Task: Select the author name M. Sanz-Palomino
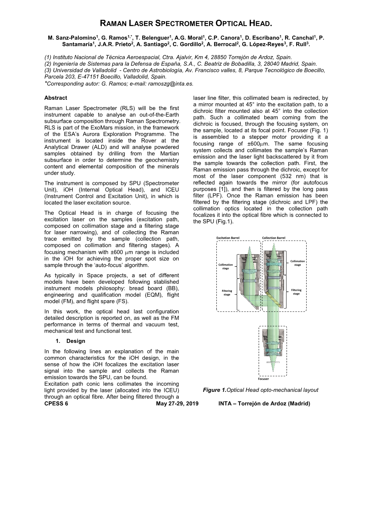pos(71,38)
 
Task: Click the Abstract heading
pos(55,98)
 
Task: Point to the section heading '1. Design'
pos(70,341)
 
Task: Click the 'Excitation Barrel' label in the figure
pos(228,238)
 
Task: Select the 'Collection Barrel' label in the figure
pos(274,238)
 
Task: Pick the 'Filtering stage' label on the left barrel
pos(227,293)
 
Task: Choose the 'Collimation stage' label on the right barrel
pos(298,263)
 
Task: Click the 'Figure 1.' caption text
pos(214,390)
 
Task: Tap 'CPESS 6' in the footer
pos(56,404)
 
